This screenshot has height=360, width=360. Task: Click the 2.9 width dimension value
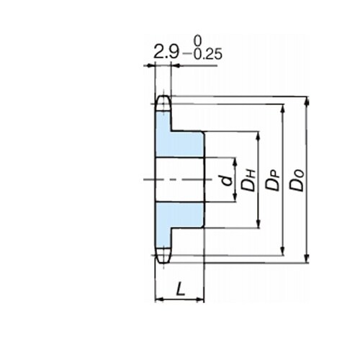pos(166,53)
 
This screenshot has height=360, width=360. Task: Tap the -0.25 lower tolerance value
pos(202,55)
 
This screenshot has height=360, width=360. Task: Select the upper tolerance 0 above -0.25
pos(197,41)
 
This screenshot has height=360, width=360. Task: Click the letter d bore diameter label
pos(227,180)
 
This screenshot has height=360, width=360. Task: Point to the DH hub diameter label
pos(248,180)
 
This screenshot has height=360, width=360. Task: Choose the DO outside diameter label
pos(297,180)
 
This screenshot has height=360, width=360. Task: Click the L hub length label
pos(181,289)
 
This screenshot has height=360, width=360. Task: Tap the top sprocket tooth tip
pos(163,96)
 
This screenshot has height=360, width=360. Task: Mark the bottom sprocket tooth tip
pos(163,264)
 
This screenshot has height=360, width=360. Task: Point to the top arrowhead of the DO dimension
pos(307,101)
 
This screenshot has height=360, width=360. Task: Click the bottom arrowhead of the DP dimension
pos(283,251)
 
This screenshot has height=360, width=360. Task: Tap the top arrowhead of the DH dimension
pos(258,136)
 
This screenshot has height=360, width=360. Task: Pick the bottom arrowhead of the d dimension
pos(235,197)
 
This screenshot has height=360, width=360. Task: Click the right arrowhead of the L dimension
pos(199,300)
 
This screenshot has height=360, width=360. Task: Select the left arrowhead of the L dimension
pos(159,300)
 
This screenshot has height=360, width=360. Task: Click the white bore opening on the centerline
pos(179,180)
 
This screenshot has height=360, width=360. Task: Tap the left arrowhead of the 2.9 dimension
pos(150,66)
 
